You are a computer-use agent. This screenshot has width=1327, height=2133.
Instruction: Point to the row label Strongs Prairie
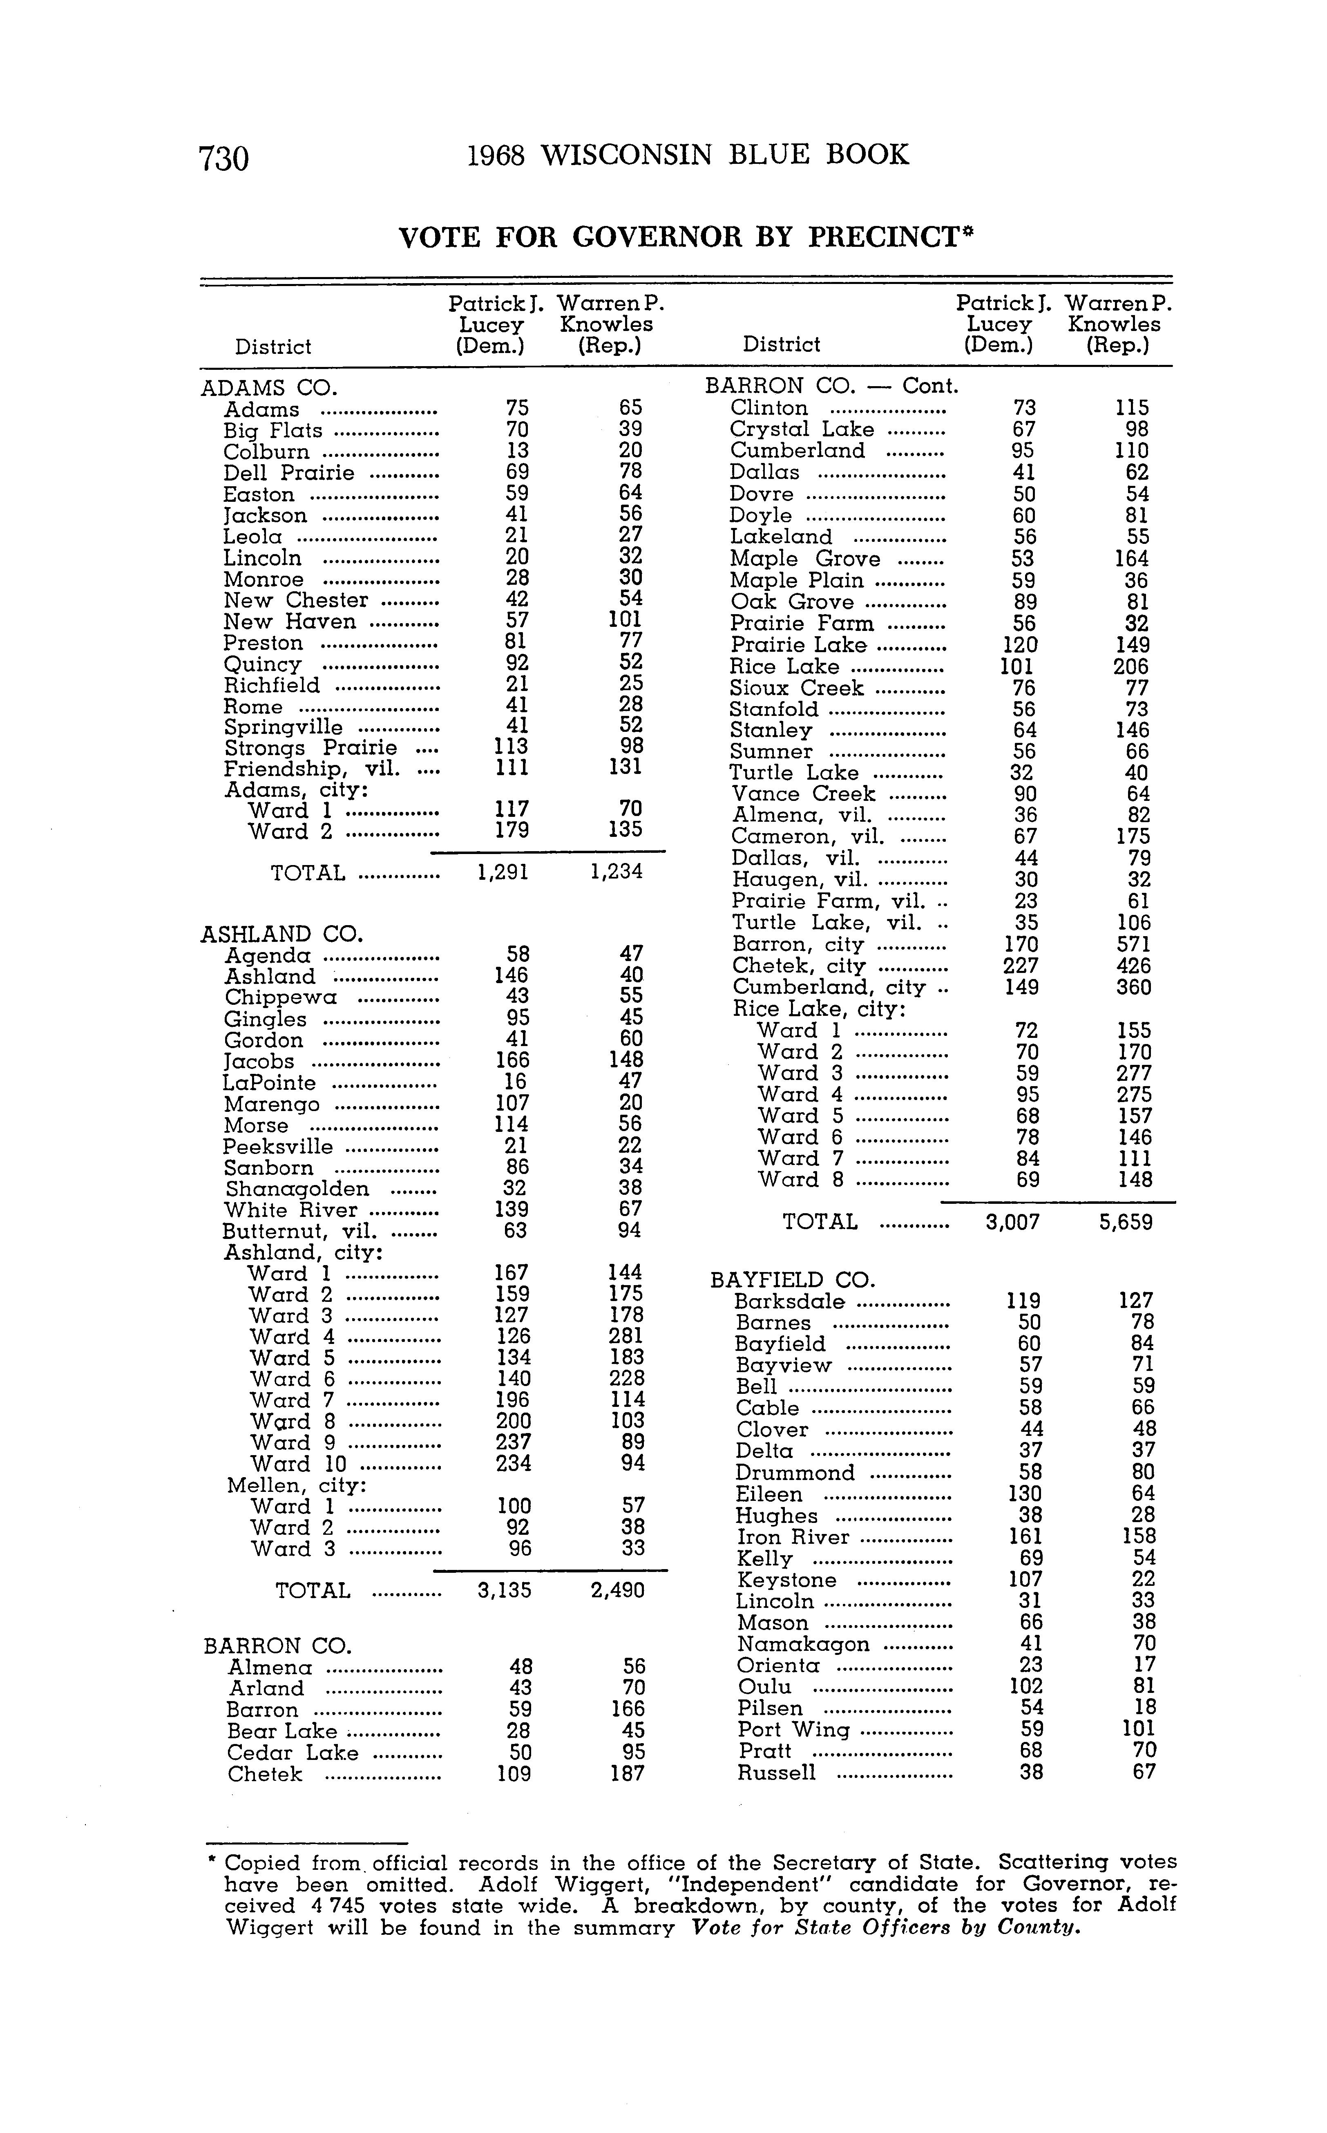tap(311, 748)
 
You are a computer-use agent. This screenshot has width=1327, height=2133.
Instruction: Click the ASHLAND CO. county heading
tap(282, 934)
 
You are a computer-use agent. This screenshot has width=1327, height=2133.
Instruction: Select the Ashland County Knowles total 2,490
tap(618, 1590)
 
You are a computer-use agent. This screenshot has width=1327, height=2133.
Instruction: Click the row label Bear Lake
tap(282, 1731)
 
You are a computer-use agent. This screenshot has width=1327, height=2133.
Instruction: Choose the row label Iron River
tap(793, 1537)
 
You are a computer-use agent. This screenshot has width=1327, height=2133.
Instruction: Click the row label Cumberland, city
tap(829, 988)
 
